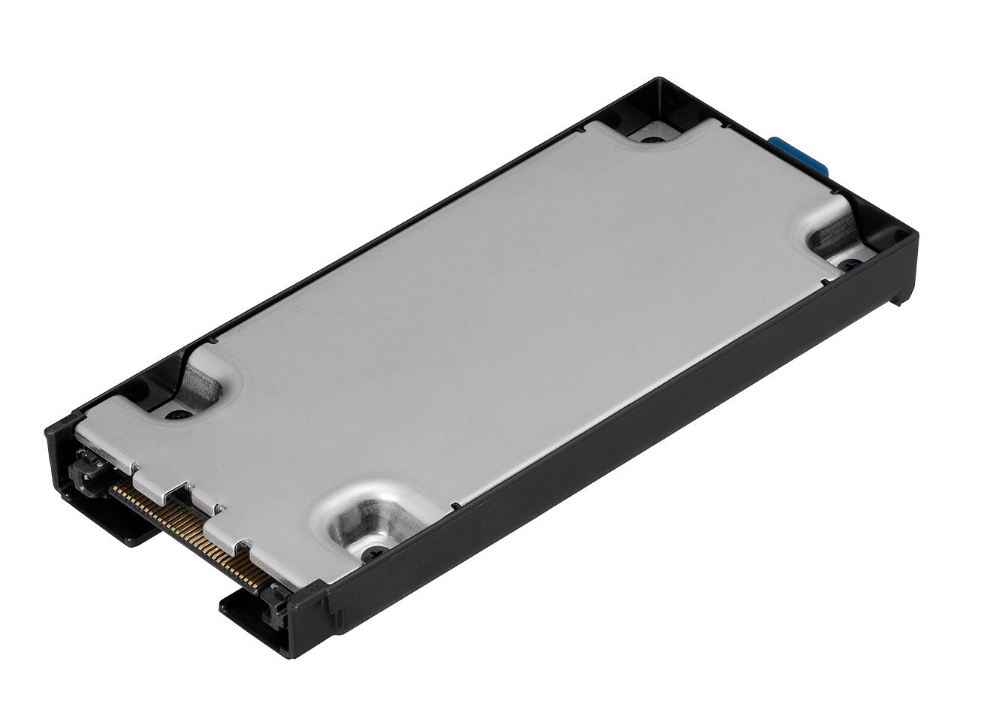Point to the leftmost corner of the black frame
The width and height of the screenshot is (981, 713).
pyautogui.click(x=48, y=430)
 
